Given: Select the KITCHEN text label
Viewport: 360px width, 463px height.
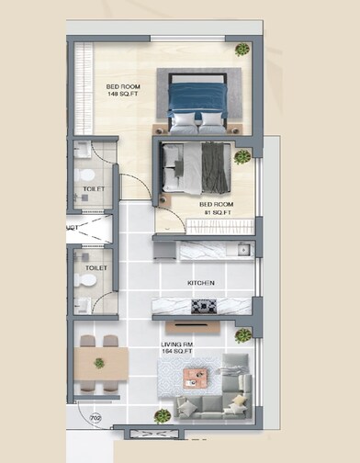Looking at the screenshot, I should point(201,284).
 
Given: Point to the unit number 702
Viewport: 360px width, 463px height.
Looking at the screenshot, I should point(96,418).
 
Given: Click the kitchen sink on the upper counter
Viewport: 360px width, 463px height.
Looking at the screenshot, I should point(242,249).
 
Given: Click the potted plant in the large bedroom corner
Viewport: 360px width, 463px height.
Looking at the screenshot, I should point(242,50).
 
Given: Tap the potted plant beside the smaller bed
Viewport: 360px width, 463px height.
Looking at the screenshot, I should point(242,157).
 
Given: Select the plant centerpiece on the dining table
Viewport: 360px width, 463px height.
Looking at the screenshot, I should point(98,362).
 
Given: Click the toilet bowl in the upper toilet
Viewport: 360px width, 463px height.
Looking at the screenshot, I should point(86,175).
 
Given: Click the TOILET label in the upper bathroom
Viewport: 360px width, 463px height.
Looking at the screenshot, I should point(94,188).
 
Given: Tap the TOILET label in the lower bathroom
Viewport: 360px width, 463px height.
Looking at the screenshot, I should point(96,269).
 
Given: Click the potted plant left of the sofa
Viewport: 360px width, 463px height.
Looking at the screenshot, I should point(163,415).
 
